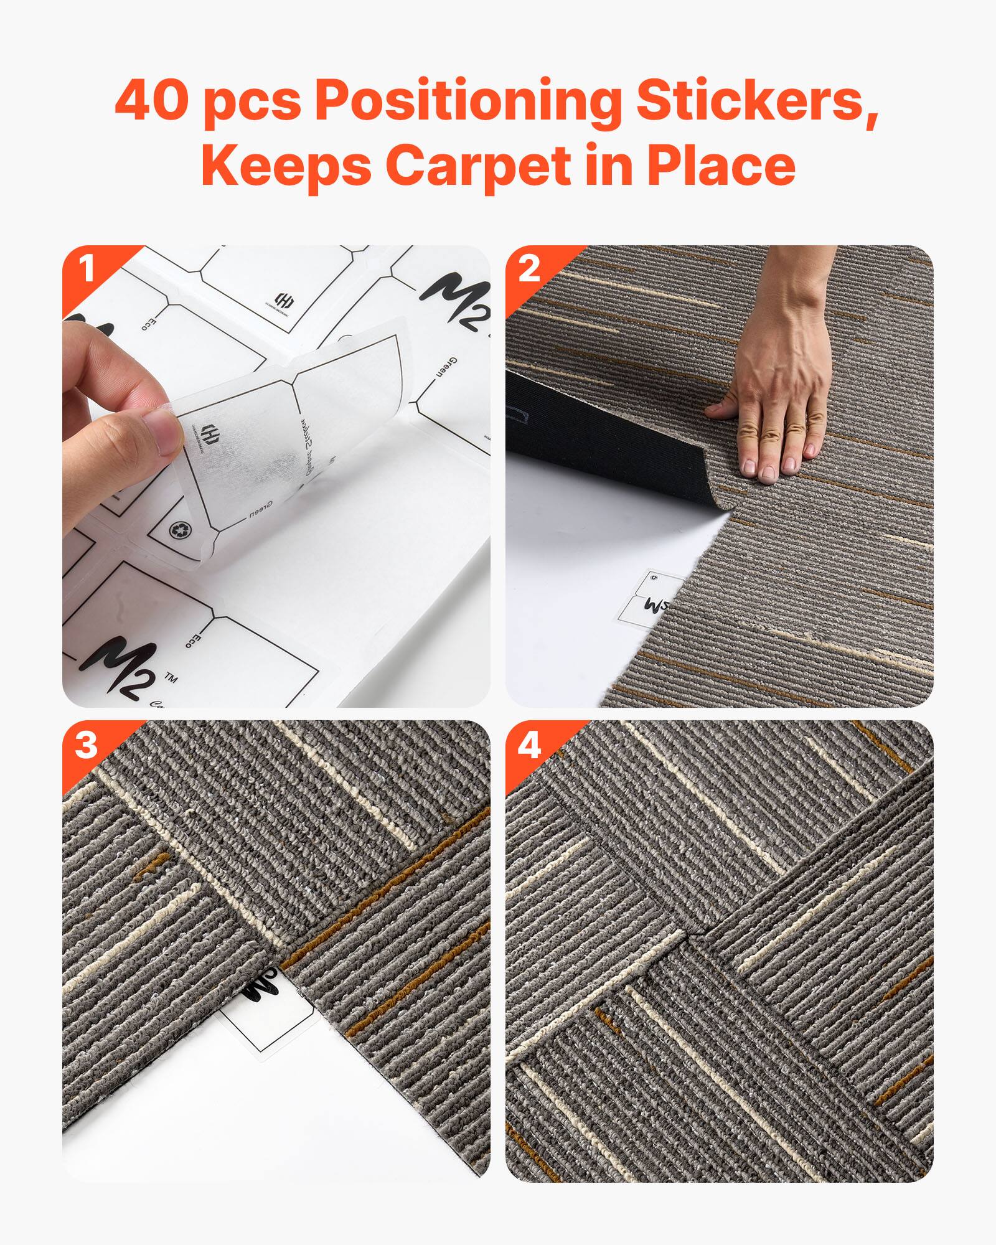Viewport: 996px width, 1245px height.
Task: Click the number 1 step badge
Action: [87, 269]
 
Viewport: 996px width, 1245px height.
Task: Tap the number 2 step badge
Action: [529, 269]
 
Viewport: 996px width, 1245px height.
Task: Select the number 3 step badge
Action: [87, 745]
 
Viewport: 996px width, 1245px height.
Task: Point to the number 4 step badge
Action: [529, 745]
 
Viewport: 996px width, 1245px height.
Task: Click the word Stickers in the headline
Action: [756, 100]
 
